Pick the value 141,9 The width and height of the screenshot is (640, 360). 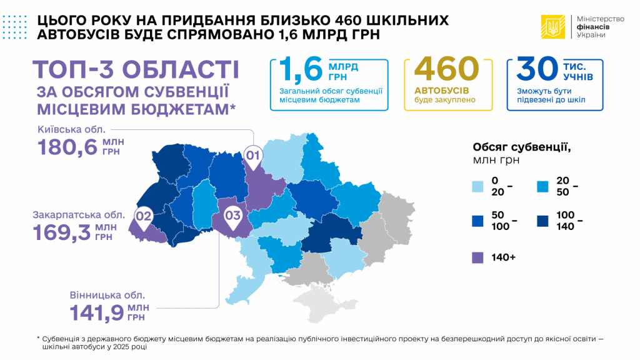96,311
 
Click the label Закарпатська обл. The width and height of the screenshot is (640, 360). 79,214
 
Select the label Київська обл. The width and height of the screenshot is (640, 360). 72,130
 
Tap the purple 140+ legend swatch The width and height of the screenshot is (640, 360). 479,256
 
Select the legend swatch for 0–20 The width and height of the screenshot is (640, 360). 479,186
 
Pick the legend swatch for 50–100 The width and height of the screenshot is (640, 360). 479,221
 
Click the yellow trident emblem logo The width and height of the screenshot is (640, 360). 552,26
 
